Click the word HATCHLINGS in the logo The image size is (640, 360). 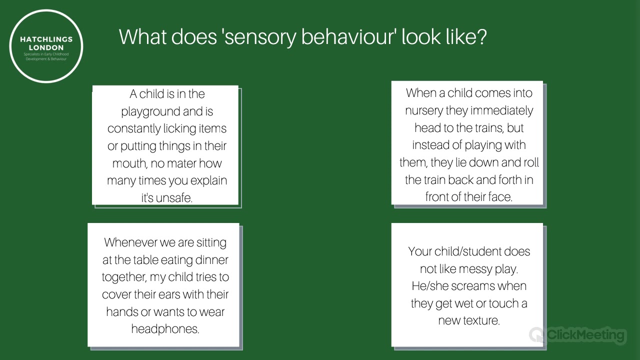(46, 39)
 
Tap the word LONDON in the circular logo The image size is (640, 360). (46, 47)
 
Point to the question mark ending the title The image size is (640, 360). (482, 37)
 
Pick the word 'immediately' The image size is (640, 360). (502, 110)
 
